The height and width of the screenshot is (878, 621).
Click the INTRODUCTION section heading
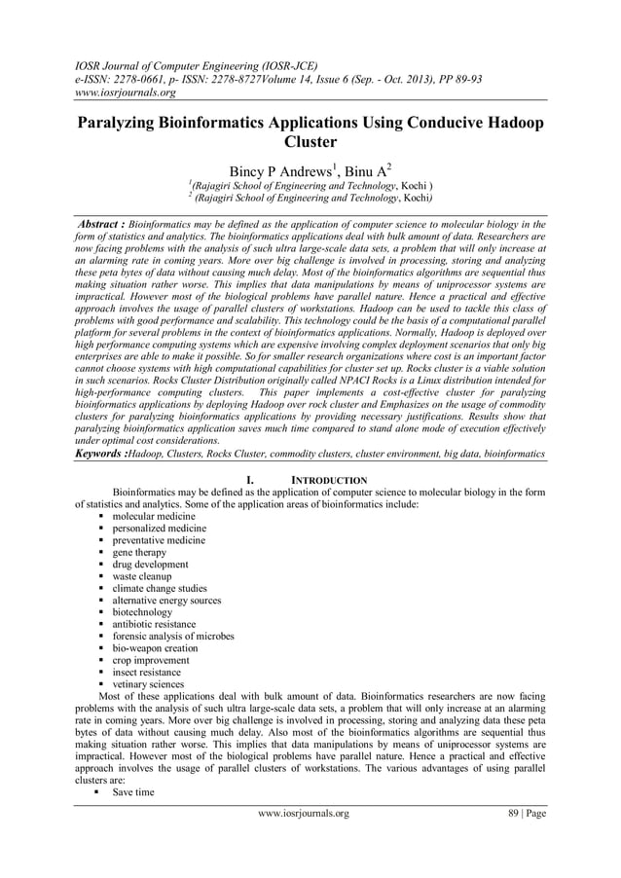[x=330, y=481]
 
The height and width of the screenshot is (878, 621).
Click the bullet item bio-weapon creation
[x=155, y=648]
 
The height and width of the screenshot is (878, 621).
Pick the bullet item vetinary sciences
[x=152, y=684]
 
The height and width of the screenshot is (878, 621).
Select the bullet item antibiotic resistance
[x=155, y=624]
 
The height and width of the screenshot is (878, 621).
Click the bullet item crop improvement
[x=153, y=660]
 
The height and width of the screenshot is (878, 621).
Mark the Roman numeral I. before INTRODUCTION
[x=251, y=481]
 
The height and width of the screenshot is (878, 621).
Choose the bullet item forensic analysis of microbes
[x=173, y=637]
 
